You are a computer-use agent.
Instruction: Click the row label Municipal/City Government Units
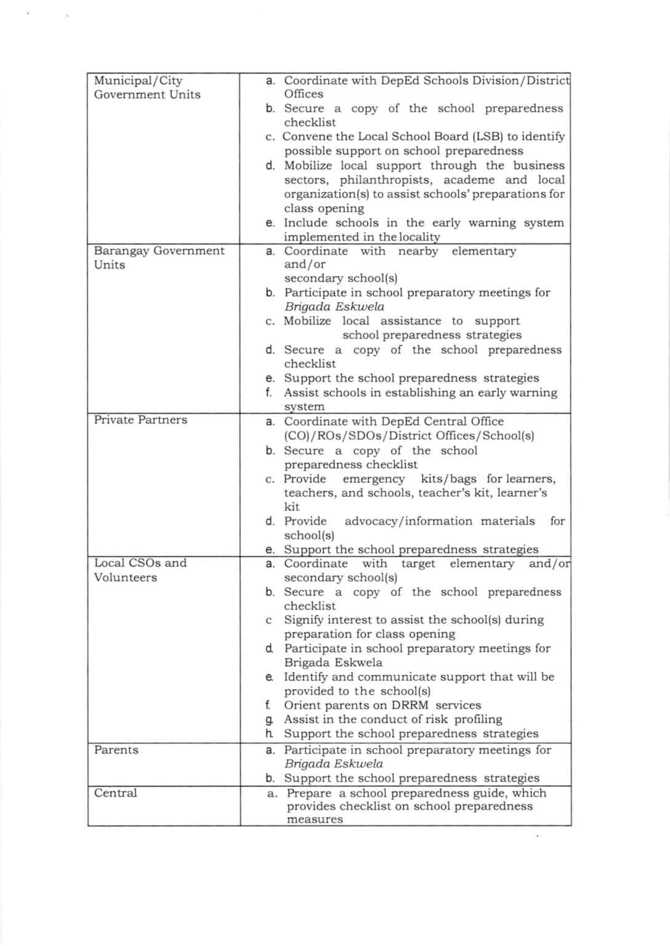point(147,87)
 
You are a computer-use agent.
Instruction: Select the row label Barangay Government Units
point(159,257)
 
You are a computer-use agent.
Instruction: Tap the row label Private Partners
point(140,420)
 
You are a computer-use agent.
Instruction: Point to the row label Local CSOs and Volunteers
point(140,570)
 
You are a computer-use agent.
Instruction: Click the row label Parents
point(116,750)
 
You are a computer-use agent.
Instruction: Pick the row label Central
point(115,793)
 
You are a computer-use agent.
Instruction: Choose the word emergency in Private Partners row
point(374,479)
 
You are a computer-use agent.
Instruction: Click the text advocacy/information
point(410,521)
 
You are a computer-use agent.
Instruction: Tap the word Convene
point(305,137)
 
